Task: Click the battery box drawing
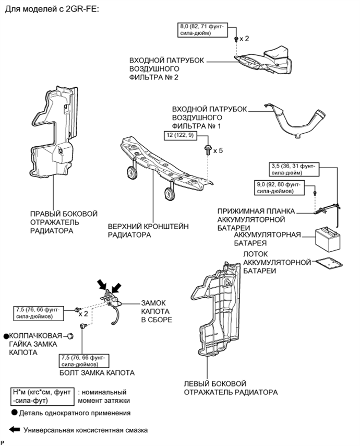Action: [328, 240]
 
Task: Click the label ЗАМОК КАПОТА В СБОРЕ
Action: [156, 311]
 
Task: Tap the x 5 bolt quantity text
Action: [217, 150]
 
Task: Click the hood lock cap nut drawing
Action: [74, 335]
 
